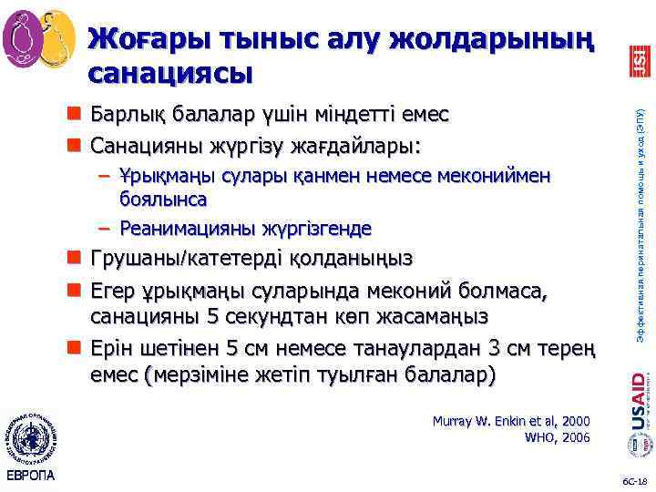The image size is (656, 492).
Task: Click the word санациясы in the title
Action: pyautogui.click(x=169, y=71)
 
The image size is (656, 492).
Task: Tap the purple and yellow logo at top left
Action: pyautogui.click(x=39, y=36)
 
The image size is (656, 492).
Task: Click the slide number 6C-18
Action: pyautogui.click(x=632, y=478)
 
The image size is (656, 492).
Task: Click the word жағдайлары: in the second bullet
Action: pyautogui.click(x=370, y=144)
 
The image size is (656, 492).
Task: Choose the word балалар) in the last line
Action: pyautogui.click(x=450, y=374)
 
